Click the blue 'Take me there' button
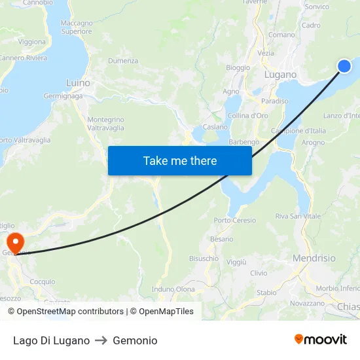click(179, 160)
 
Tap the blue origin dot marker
click(344, 65)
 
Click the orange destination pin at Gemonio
click(14, 242)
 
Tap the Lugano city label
click(281, 75)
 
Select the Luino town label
click(78, 83)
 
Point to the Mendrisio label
click(314, 258)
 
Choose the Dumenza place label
click(123, 61)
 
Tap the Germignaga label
click(63, 96)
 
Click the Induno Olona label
click(173, 289)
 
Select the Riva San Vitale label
click(298, 216)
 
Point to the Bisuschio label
click(204, 259)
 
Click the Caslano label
click(215, 127)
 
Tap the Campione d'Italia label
click(303, 131)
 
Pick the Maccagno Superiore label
click(77, 27)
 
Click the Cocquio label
click(43, 281)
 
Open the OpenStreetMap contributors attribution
click(70, 312)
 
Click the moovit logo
click(321, 340)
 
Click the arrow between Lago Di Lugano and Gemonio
click(101, 340)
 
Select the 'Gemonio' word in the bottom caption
click(135, 340)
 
